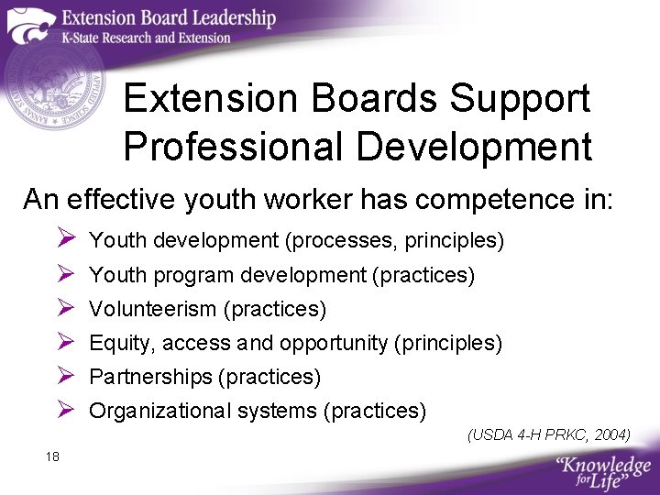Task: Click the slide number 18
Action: click(x=51, y=456)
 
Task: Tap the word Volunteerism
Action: click(x=152, y=309)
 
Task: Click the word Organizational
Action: click(x=159, y=411)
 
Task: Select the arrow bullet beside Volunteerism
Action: click(x=66, y=308)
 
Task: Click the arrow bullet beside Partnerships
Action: click(x=66, y=376)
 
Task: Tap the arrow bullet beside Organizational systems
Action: click(x=66, y=410)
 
